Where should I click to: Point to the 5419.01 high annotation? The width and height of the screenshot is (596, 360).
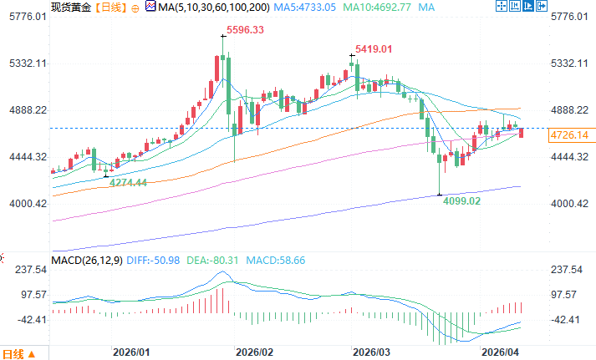click(374, 49)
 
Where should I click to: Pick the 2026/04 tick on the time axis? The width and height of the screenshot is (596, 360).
click(501, 352)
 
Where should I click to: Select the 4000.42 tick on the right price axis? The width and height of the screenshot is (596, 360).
click(572, 204)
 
